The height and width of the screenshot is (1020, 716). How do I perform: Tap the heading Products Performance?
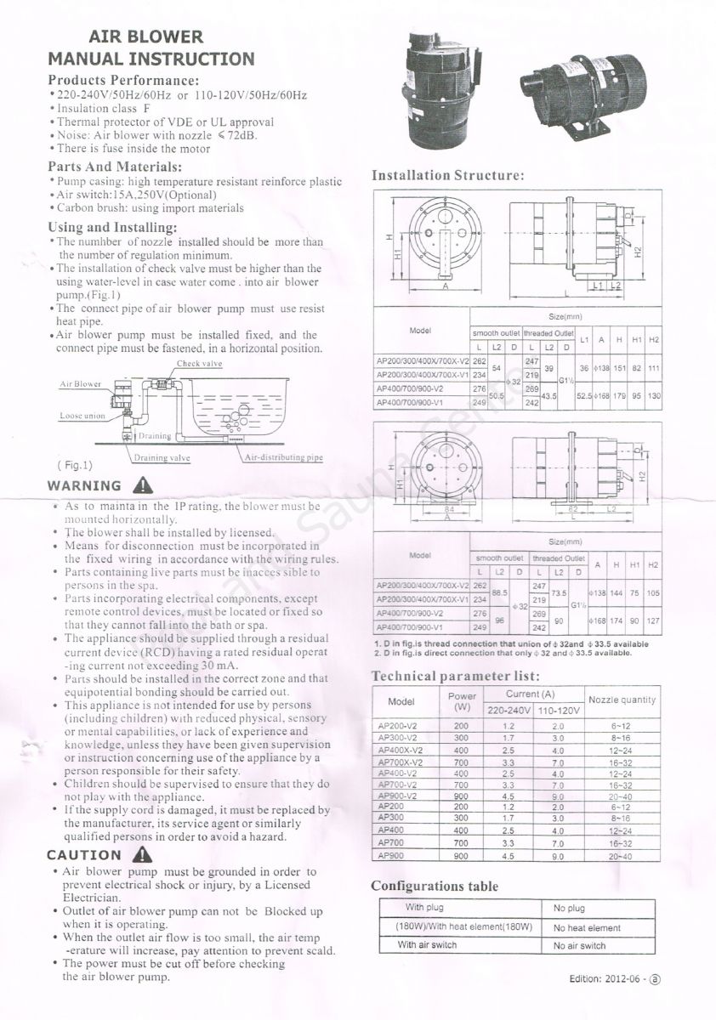click(123, 79)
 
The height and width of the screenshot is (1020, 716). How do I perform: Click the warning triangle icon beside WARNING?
click(143, 485)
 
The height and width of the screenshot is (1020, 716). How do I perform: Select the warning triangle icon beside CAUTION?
click(143, 854)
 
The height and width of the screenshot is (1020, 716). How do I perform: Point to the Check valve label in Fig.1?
click(199, 364)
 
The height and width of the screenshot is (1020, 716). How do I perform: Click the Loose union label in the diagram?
click(82, 416)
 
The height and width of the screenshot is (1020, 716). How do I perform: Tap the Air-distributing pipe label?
click(283, 457)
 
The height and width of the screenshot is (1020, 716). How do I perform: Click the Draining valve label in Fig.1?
click(162, 457)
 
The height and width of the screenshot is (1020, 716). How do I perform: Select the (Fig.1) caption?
click(75, 466)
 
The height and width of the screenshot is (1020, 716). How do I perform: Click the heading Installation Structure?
click(447, 176)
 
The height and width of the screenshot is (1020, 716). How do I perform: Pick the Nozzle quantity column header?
click(622, 700)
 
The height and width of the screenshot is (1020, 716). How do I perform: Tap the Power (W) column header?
click(462, 701)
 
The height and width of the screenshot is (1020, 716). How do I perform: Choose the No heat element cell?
click(587, 928)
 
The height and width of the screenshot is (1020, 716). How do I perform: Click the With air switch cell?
click(427, 944)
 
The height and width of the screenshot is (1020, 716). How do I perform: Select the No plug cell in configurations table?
click(569, 909)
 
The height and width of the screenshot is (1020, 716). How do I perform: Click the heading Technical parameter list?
click(456, 676)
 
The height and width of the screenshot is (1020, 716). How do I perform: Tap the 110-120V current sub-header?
click(559, 710)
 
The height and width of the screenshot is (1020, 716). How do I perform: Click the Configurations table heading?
click(435, 887)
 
